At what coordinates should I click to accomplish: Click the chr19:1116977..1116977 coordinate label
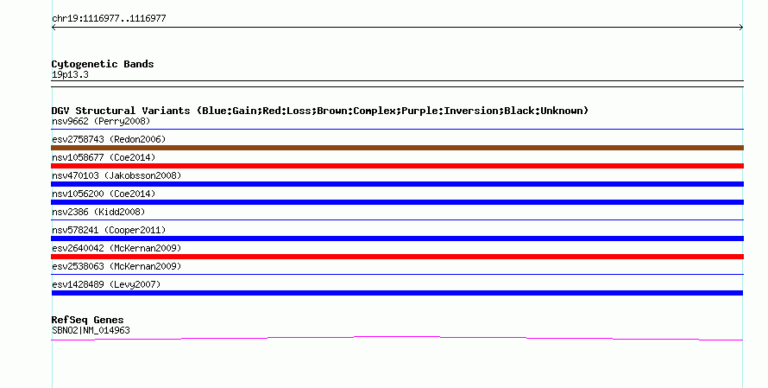[x=109, y=19]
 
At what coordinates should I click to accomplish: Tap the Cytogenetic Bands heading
[x=103, y=64]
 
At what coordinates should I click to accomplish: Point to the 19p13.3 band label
[x=70, y=74]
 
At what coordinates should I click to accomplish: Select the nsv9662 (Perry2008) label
[x=101, y=121]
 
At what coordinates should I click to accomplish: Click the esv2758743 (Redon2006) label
[x=109, y=139]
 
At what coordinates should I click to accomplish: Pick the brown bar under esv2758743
[x=397, y=148]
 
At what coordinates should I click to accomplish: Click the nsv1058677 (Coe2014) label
[x=104, y=157]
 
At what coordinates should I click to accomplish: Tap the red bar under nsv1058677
[x=397, y=166]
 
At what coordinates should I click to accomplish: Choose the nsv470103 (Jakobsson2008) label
[x=116, y=175]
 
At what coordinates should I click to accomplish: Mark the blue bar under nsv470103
[x=397, y=184]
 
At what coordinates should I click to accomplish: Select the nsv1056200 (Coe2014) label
[x=104, y=194]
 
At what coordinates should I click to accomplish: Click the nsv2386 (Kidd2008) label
[x=98, y=212]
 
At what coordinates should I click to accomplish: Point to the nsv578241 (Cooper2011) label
[x=109, y=230]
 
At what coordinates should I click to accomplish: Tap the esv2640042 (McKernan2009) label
[x=116, y=248]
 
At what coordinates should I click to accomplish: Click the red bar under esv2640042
[x=397, y=257]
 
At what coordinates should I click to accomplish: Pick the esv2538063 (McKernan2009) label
[x=116, y=266]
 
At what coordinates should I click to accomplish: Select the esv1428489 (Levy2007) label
[x=106, y=284]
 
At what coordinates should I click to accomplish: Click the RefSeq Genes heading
[x=87, y=320]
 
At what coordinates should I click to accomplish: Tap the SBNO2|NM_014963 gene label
[x=91, y=331]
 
